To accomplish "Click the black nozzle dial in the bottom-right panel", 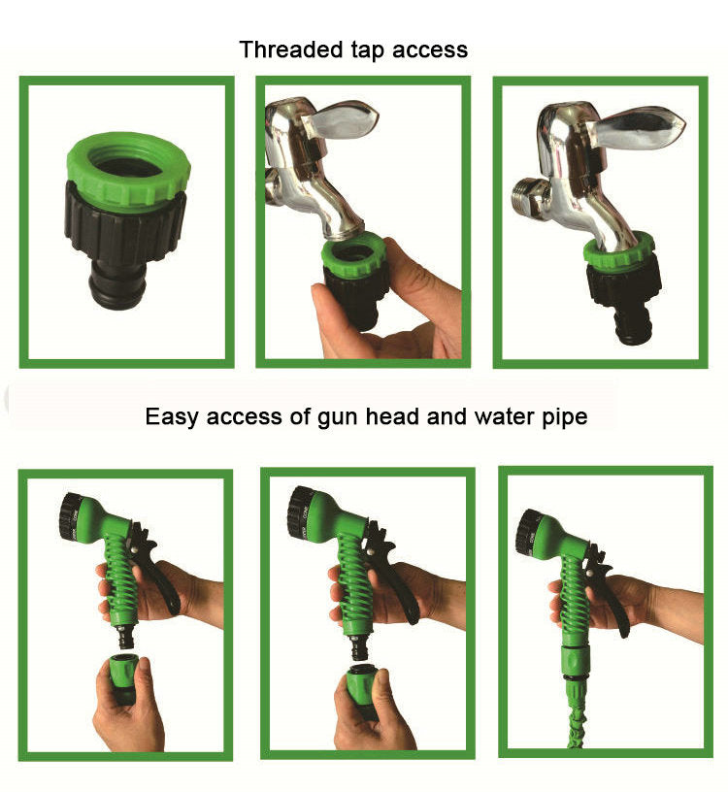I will (530, 530).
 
